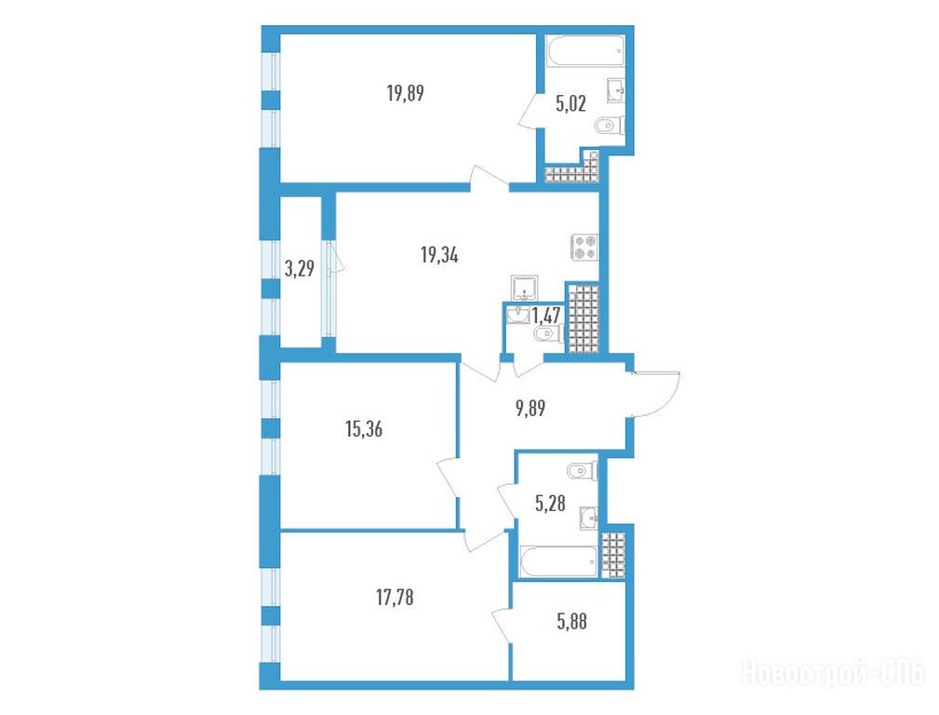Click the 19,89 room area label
pos(406,93)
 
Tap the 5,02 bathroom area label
pos(570,104)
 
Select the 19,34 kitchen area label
pos(439,256)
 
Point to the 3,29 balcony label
pos(300,268)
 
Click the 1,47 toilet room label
pos(546,316)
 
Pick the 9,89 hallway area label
pos(530,408)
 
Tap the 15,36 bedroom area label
pos(364,429)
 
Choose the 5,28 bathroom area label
pos(550,503)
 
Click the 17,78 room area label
pos(395,598)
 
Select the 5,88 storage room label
pos(572,622)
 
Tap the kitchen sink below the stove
pos(525,288)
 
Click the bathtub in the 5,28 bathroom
pos(559,562)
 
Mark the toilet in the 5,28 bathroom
pos(583,471)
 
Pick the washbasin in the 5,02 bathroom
pos(616,90)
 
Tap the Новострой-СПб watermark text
pos(833,673)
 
